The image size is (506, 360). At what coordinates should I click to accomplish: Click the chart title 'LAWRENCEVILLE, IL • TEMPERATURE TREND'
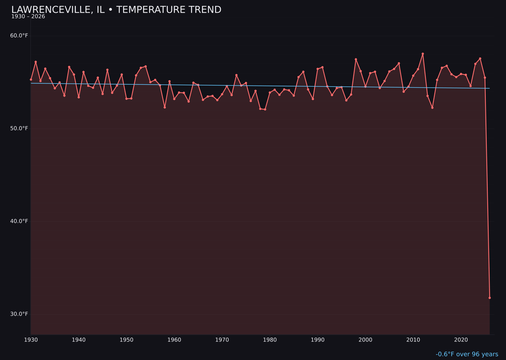click(116, 10)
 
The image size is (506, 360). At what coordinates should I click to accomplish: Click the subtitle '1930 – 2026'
click(28, 17)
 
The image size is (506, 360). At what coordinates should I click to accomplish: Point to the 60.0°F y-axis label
click(19, 36)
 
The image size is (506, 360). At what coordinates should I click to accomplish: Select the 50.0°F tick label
click(19, 128)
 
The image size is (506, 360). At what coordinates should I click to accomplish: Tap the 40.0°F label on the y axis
click(19, 221)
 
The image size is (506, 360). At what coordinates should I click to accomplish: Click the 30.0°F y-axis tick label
click(19, 314)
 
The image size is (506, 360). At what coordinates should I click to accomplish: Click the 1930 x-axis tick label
click(31, 340)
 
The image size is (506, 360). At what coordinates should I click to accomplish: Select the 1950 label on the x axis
click(126, 340)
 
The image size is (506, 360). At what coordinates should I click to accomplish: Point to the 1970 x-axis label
click(222, 340)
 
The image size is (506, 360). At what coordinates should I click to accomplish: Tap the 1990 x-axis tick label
click(318, 340)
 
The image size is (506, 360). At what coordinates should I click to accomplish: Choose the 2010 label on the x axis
click(413, 340)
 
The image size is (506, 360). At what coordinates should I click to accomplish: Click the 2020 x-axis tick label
click(461, 340)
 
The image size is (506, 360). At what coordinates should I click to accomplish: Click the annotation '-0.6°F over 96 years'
click(467, 354)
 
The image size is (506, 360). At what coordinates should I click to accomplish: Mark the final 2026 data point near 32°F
click(490, 298)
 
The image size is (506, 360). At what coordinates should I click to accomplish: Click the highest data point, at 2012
click(423, 54)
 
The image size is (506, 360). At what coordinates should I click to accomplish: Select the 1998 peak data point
click(356, 60)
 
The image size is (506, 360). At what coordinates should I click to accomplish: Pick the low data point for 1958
click(164, 107)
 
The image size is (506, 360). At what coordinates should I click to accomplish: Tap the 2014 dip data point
click(432, 107)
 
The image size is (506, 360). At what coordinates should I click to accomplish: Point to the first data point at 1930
click(31, 80)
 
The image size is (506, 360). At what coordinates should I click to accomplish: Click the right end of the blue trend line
click(489, 88)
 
